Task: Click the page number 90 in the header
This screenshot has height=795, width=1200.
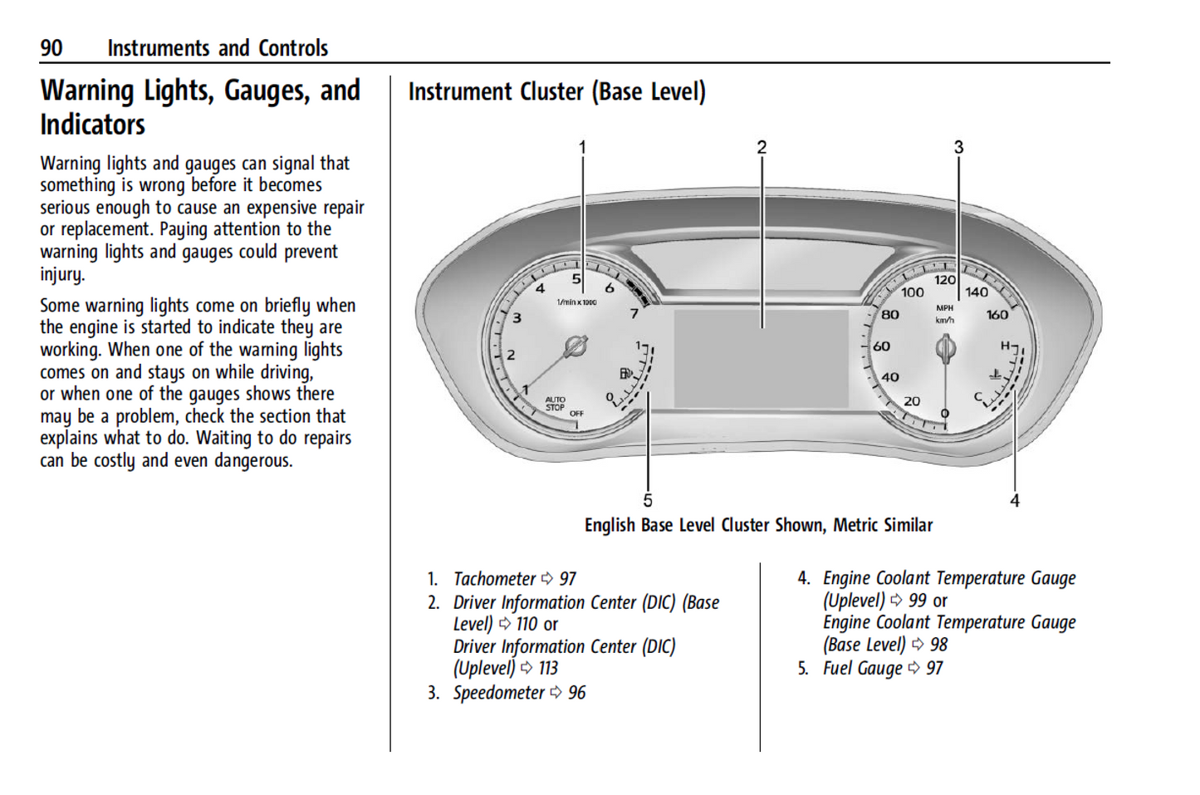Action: [51, 48]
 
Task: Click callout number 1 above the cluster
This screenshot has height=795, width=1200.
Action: [582, 147]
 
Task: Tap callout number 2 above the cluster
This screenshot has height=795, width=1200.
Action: [762, 147]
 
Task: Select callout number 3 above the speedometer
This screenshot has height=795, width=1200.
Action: [958, 147]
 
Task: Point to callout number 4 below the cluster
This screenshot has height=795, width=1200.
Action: [1014, 500]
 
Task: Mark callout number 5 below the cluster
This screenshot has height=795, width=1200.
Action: [648, 500]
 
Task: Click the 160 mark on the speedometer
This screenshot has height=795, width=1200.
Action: [997, 315]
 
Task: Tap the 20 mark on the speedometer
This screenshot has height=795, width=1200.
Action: [912, 401]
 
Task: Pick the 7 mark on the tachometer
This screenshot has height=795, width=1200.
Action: [634, 313]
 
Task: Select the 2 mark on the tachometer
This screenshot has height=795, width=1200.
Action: [511, 355]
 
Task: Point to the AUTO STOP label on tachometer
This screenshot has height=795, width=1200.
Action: [555, 404]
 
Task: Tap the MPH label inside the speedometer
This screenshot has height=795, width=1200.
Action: [945, 307]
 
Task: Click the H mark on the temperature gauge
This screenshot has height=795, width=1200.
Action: [1005, 346]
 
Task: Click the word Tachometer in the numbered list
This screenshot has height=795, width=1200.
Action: [494, 579]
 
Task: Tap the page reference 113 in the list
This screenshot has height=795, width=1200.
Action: [548, 669]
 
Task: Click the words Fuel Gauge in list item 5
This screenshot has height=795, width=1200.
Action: [862, 669]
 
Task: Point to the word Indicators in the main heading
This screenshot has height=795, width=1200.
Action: [92, 125]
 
